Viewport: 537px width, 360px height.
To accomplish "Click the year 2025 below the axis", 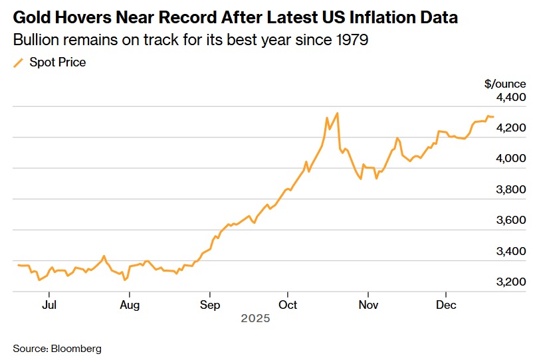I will tap(255, 319).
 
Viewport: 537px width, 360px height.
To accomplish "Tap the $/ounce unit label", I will tap(505, 84).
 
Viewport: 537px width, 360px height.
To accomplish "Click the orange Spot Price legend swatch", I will tap(18, 63).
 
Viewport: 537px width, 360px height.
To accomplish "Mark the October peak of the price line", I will tap(338, 113).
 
